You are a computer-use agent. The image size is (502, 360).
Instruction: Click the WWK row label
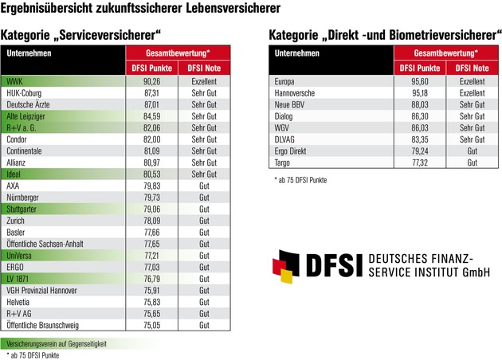(14, 81)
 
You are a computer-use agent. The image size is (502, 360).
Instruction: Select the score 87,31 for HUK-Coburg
(152, 92)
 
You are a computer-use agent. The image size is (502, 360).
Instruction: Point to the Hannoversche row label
(296, 92)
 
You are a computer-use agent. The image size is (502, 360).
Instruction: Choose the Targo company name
(283, 162)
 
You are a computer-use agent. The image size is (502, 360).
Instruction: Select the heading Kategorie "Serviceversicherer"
(81, 36)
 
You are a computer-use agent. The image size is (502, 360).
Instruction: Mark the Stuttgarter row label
(23, 209)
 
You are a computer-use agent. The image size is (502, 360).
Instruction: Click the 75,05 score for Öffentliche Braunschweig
(152, 325)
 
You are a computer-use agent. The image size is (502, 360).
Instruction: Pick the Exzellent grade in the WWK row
(205, 81)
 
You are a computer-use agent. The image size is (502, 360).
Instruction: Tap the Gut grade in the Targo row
(472, 162)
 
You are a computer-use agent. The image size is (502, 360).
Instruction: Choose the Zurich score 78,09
(152, 221)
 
